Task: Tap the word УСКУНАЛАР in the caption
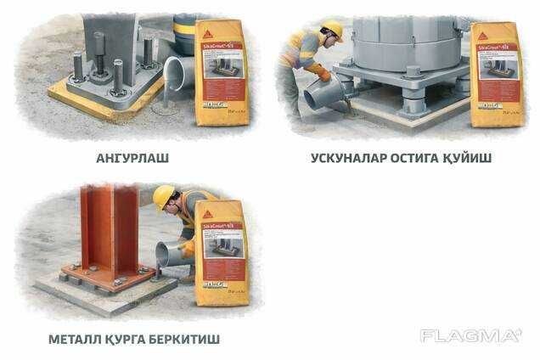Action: click(346, 158)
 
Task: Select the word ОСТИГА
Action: click(420, 158)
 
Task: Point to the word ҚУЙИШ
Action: click(473, 158)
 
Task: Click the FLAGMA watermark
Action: click(470, 335)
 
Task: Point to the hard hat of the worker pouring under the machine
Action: click(333, 31)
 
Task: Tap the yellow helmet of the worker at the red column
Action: click(163, 197)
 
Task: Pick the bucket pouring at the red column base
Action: click(169, 254)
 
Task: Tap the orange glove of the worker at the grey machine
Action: click(319, 71)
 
